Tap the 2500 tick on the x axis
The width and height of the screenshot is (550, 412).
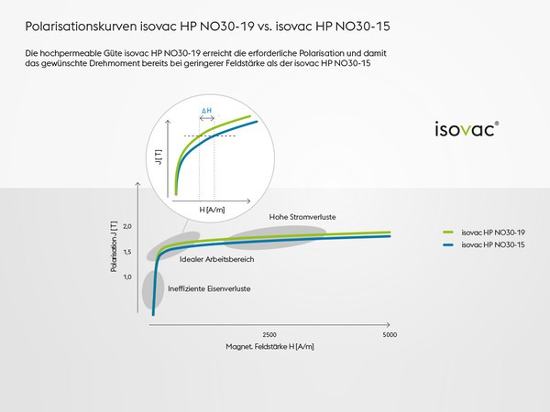click(x=269, y=334)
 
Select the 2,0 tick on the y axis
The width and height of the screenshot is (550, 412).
click(x=127, y=226)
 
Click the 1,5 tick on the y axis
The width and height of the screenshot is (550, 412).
click(x=127, y=252)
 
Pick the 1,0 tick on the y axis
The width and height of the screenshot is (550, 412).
click(x=127, y=276)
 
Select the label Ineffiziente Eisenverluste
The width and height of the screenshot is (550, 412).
click(x=209, y=288)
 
